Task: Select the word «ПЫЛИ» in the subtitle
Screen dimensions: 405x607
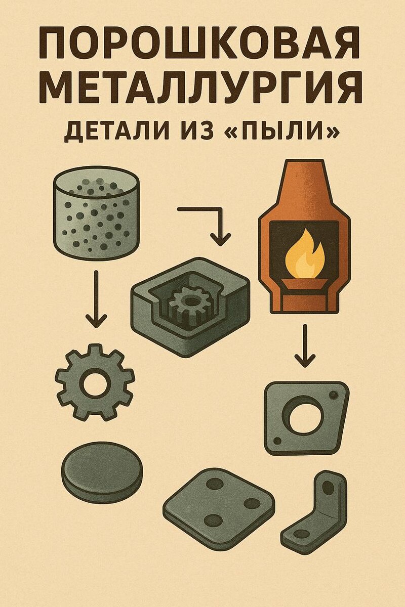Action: (288, 132)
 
